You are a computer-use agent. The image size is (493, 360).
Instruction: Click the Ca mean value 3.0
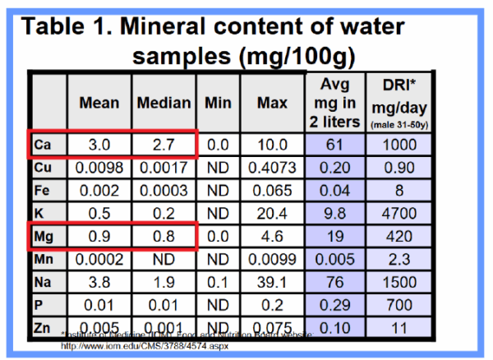point(99,145)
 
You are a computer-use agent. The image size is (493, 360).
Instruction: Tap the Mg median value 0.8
point(163,238)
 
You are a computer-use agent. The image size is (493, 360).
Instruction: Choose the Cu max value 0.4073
point(272,168)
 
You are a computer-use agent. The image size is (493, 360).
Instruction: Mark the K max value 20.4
point(272,215)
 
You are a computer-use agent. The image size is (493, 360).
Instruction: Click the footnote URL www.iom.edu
point(144,347)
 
